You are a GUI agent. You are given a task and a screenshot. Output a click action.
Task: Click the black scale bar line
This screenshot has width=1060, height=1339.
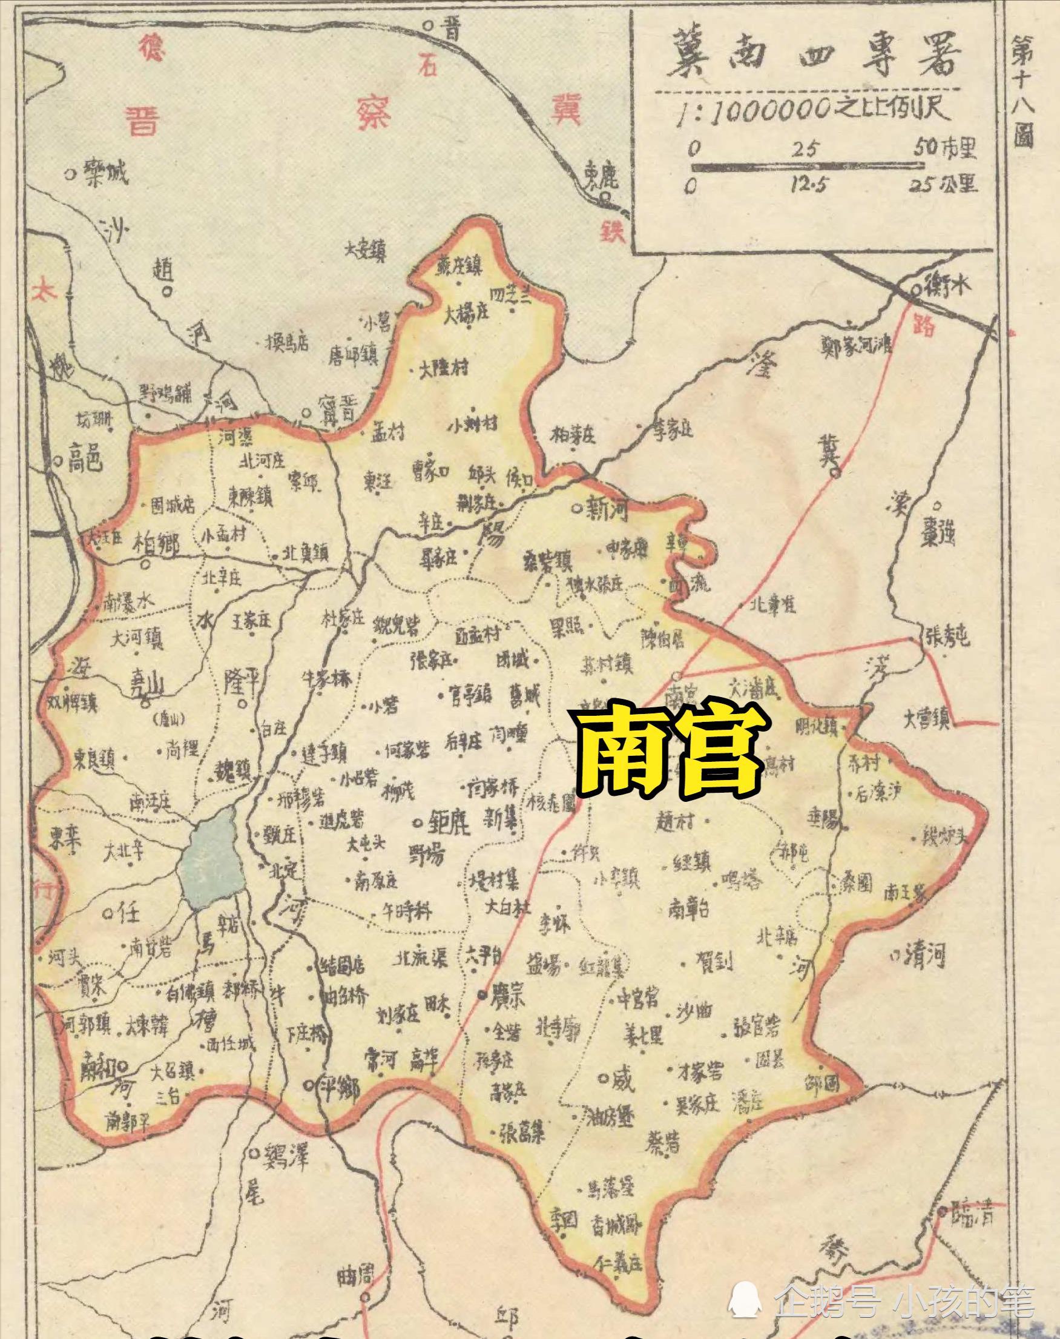(x=807, y=166)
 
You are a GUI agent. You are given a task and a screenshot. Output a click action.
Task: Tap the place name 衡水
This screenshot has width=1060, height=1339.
(x=946, y=286)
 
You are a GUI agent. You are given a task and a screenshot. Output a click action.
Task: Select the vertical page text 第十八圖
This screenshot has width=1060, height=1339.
(x=1024, y=93)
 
